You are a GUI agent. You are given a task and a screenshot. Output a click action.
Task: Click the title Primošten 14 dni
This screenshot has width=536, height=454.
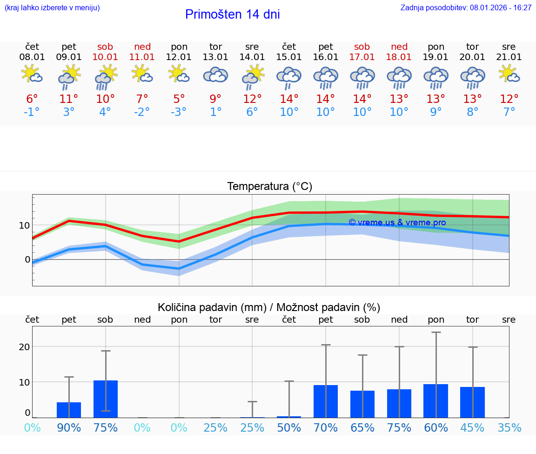(232, 14)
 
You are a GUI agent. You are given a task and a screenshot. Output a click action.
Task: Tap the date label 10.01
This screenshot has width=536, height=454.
(105, 57)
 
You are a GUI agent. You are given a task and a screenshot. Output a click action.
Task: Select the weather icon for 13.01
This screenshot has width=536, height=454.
(215, 75)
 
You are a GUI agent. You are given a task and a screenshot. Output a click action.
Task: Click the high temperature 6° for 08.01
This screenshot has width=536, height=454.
(32, 99)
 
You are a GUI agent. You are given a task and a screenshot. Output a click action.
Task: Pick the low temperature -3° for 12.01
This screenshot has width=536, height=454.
(179, 112)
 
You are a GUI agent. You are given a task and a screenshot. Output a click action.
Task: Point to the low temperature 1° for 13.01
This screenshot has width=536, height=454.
(215, 112)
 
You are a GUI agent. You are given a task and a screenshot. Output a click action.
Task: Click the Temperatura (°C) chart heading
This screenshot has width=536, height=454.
(269, 187)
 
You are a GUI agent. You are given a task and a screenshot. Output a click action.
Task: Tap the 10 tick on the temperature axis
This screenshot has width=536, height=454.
(24, 225)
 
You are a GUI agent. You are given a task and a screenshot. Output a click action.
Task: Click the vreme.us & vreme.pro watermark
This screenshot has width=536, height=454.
(397, 223)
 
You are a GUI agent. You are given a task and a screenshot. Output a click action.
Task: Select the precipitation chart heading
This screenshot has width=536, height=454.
(269, 307)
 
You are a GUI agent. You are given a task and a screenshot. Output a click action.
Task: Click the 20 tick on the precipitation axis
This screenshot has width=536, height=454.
(24, 347)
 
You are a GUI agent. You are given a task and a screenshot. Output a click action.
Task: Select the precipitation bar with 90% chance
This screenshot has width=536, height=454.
(69, 410)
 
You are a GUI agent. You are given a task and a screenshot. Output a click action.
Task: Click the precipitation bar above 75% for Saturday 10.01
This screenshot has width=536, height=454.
(106, 399)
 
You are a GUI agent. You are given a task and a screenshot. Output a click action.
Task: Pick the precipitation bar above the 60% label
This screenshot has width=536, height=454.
(435, 401)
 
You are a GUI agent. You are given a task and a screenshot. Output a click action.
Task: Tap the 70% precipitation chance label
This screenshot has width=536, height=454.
(326, 427)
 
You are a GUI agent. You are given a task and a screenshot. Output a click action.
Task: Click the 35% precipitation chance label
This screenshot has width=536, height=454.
(509, 427)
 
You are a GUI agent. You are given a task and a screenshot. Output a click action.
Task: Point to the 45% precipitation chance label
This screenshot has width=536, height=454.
(472, 427)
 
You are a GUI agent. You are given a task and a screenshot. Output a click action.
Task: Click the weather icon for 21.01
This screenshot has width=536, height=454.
(509, 74)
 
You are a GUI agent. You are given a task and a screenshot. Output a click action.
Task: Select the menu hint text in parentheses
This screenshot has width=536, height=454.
(52, 7)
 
